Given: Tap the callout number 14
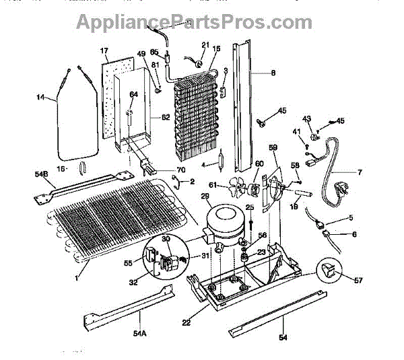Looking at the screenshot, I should coord(41,98).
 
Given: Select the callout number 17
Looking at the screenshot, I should coord(104,51).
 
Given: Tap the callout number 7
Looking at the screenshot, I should coord(359,172).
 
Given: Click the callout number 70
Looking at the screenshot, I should coord(180,170).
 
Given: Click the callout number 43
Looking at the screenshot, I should coord(306,119).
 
